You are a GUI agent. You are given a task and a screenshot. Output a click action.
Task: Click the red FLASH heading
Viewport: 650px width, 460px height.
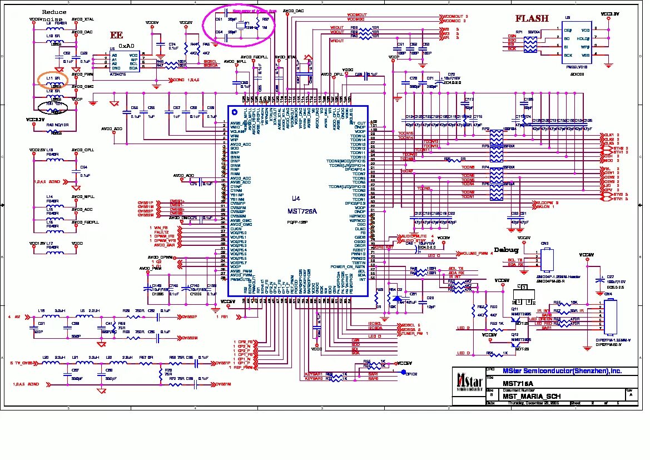[x=532, y=18]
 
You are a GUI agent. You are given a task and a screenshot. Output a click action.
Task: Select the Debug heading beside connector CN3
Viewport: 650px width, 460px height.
[x=506, y=250]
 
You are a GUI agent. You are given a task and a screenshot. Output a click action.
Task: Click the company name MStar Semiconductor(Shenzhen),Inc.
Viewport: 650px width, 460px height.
[x=562, y=371]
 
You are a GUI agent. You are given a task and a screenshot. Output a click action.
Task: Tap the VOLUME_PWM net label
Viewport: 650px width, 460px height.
[x=475, y=254]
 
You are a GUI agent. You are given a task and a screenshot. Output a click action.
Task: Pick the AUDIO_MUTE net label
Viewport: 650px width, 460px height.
[x=413, y=236]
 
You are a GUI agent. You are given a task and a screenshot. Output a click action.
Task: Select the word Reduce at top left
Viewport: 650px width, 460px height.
[x=54, y=12]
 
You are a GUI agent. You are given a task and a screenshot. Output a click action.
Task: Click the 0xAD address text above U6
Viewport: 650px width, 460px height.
[x=126, y=46]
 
